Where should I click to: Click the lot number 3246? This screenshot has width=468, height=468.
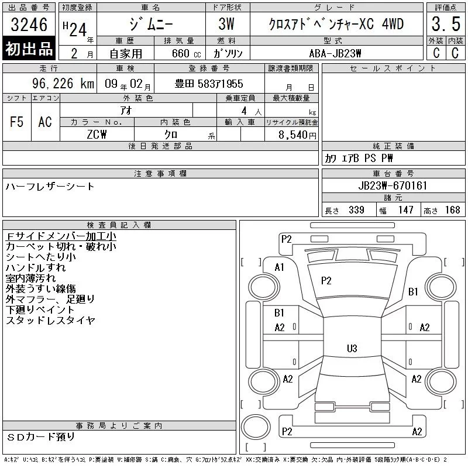pos(29,25)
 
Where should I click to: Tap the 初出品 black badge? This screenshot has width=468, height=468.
pos(29,48)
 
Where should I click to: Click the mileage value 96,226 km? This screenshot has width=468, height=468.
pos(63,84)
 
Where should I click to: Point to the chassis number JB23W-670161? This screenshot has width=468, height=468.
pos(393,185)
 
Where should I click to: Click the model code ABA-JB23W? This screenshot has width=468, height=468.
pos(335,53)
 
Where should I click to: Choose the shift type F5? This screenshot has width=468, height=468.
pos(17,122)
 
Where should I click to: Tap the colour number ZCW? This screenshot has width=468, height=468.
pos(97,135)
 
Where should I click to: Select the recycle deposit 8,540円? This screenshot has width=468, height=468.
pos(297,135)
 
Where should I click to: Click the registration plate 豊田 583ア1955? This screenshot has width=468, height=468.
pos(209,84)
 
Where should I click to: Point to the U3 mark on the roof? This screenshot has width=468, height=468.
pos(352,348)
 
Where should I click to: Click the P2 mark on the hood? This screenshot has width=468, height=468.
pos(326,281)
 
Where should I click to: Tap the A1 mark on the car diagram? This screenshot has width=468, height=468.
pos(280,267)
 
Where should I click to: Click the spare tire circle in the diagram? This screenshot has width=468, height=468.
pos(256,427)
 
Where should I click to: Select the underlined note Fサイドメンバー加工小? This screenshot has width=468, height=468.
pos(61,236)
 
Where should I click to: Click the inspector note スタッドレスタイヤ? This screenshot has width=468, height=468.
pos(50,320)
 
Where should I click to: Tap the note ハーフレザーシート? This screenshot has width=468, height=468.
pos(50,187)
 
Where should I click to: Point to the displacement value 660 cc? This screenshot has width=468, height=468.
pos(186,53)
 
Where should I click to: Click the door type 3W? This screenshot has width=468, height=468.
pos(226,24)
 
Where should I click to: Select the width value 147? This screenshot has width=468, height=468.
pos(405,210)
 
